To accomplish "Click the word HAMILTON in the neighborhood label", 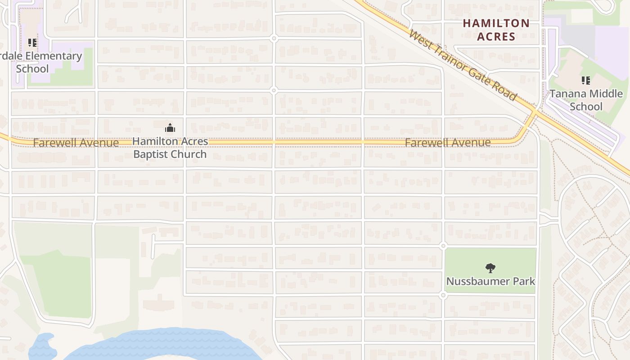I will point(496,23).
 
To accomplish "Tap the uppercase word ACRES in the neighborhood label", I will point(496,36).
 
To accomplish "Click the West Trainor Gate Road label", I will point(463,66).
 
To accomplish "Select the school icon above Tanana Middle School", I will point(585,81).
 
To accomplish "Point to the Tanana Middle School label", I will point(586,100).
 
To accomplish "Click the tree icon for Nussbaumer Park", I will point(490,268).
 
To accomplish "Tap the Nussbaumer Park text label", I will point(490,281).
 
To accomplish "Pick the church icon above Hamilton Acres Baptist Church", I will point(170,128).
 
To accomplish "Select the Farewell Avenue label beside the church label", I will point(76,143).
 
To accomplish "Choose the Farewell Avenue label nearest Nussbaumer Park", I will point(447,143).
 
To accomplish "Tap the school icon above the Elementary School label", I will point(32,43).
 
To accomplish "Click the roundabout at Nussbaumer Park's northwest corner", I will point(443,246).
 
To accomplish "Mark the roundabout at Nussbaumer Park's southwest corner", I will point(443,295).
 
